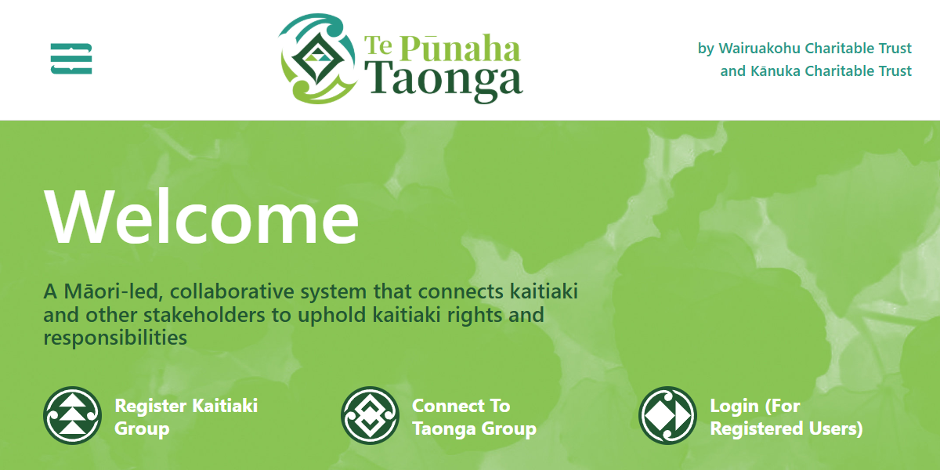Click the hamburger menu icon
[71, 59]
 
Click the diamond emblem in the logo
[317, 59]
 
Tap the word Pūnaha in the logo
[460, 49]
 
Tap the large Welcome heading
[201, 217]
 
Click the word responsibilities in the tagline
[115, 338]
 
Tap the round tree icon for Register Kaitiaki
[72, 415]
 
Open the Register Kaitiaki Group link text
[186, 417]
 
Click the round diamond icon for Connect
[370, 415]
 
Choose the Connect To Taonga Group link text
[474, 417]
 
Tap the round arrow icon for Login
[667, 415]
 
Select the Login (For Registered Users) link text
[786, 417]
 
